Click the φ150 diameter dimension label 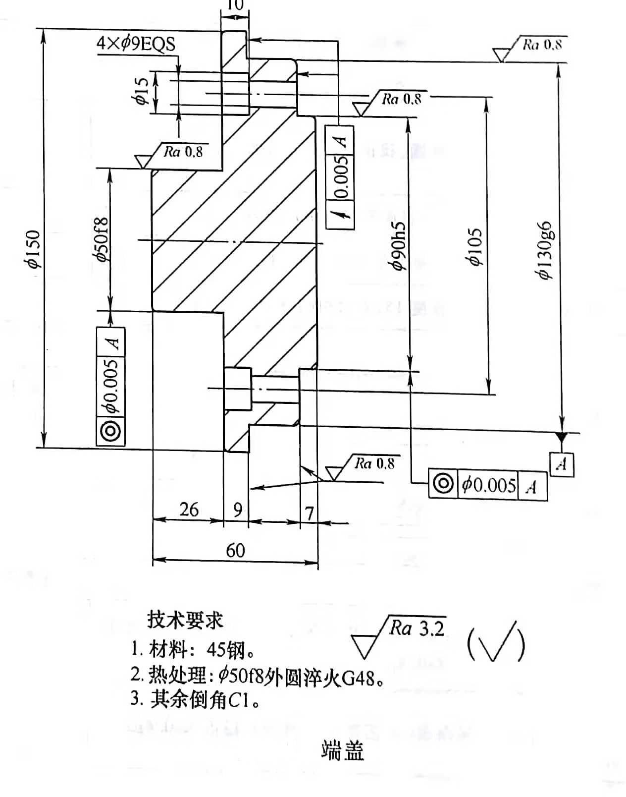[x=33, y=249]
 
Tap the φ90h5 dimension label [x=399, y=246]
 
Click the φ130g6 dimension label [x=546, y=250]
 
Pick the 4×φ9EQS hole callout [x=136, y=44]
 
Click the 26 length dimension [x=189, y=510]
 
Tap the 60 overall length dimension [x=235, y=550]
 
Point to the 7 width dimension [x=310, y=513]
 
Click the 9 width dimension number [x=238, y=510]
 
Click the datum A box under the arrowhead [x=562, y=464]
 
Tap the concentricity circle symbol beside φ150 [x=110, y=431]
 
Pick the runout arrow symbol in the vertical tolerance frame [x=341, y=214]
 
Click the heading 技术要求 [x=185, y=620]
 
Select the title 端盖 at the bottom [x=343, y=751]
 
